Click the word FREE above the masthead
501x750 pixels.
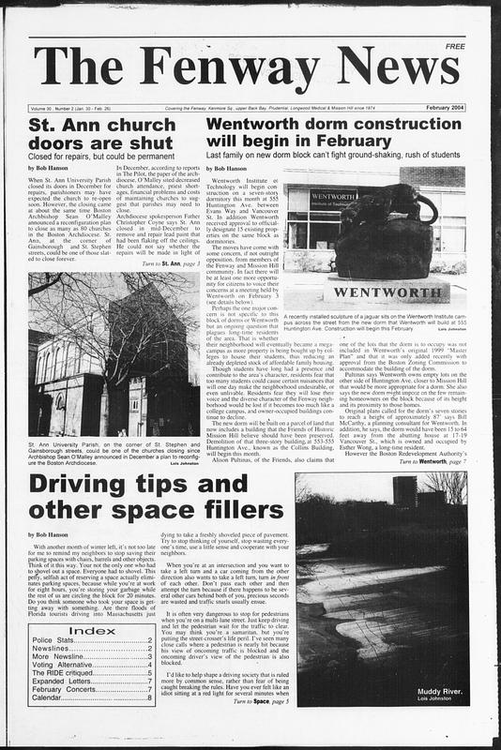[456, 46]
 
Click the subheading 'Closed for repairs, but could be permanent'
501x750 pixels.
[101, 156]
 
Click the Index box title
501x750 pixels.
[93, 630]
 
